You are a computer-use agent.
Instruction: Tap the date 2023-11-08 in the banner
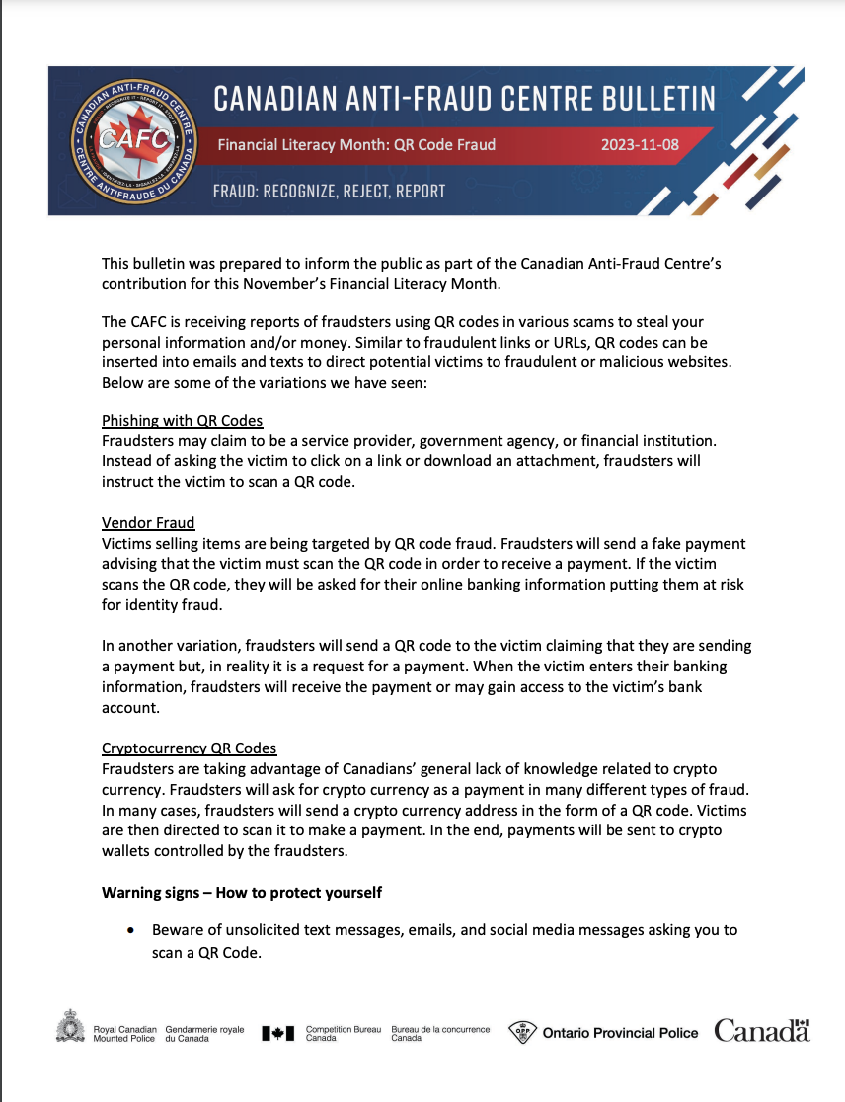pos(640,144)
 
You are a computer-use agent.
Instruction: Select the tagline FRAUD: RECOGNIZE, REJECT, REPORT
pos(329,191)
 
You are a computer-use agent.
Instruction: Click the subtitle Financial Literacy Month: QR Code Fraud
pos(356,144)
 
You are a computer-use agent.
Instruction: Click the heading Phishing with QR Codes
pos(182,420)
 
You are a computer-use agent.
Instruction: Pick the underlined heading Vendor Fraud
pos(148,522)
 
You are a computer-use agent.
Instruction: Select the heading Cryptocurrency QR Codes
pos(189,748)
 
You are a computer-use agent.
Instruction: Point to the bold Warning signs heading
pos(242,892)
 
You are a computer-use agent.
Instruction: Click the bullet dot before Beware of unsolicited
pos(130,931)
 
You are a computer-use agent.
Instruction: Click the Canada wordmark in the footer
pos(762,1032)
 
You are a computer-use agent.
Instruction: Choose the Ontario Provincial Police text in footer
pos(620,1033)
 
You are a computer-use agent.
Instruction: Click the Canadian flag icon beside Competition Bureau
pos(278,1033)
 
